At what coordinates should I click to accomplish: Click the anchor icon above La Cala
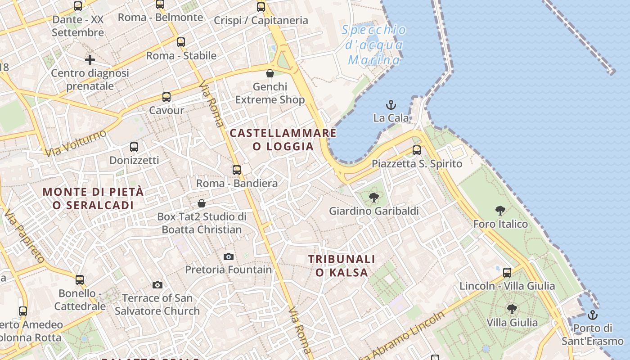pos(391,105)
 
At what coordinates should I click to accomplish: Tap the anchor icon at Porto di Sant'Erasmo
pos(593,315)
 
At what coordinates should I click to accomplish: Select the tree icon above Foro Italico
pos(500,210)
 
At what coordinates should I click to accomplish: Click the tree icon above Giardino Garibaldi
pos(373,197)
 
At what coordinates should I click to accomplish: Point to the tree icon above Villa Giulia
pos(512,309)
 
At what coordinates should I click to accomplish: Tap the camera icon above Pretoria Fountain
pos(229,256)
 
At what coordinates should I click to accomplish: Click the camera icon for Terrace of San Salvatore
pos(157,285)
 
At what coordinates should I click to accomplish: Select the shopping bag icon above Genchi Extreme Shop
pos(270,73)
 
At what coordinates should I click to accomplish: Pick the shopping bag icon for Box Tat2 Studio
pos(202,203)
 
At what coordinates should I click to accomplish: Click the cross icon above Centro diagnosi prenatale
pos(90,59)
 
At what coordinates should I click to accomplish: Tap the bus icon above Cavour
pos(166,97)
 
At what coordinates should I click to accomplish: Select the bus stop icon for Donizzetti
pos(134,147)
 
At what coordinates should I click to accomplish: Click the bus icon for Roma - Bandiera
pos(237,170)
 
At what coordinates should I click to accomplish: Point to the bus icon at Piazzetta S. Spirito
pos(417,150)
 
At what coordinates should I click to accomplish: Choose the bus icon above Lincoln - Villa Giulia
pos(507,273)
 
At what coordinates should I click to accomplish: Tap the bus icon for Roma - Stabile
pos(181,43)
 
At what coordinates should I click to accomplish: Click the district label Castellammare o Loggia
pos(283,139)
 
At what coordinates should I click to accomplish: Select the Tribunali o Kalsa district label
pos(342,265)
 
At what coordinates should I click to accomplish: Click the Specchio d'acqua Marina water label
pos(374,45)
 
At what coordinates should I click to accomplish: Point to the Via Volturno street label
pos(76,143)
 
